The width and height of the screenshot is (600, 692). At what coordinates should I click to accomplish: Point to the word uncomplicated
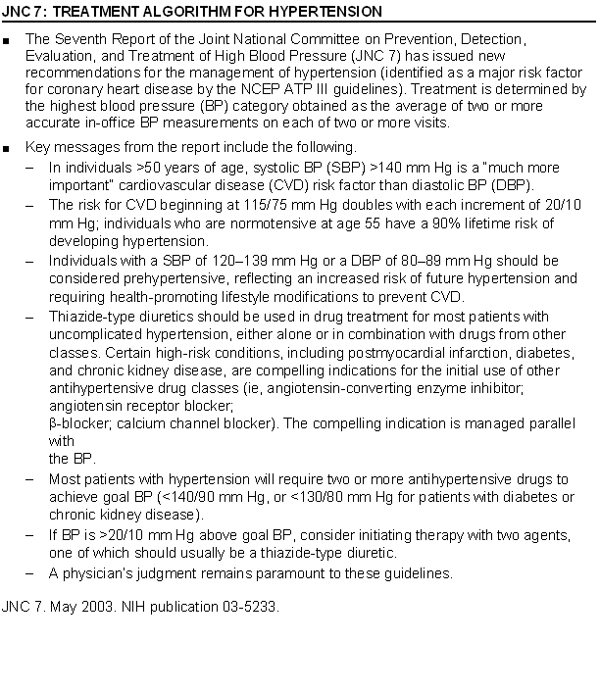(92, 334)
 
